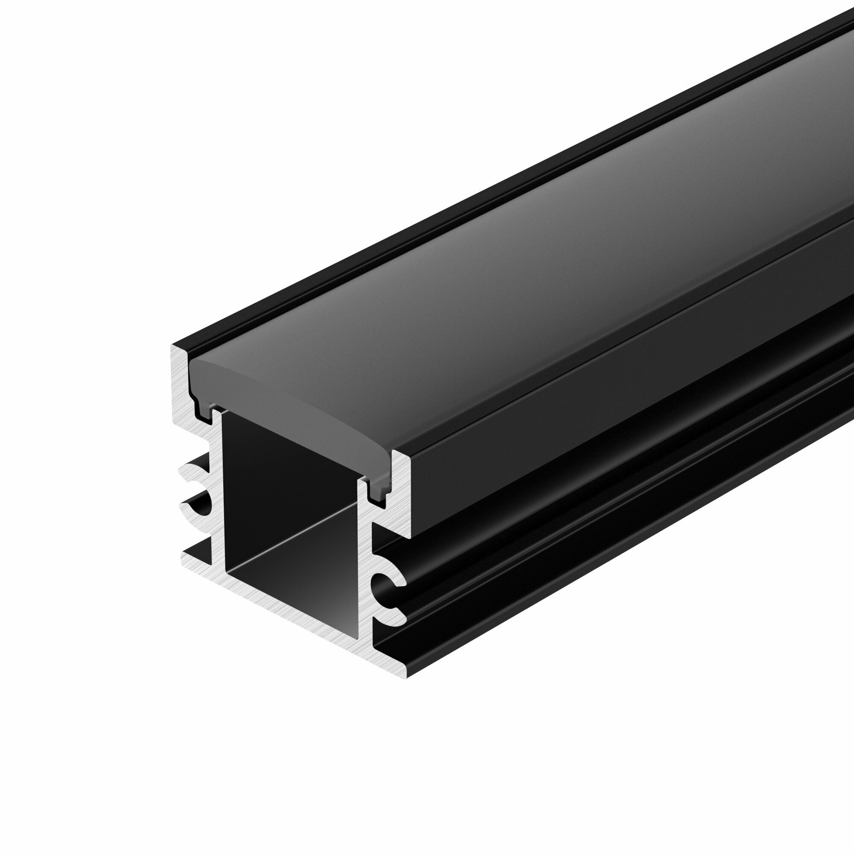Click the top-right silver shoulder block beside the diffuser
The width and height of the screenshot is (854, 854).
[x=400, y=491]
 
